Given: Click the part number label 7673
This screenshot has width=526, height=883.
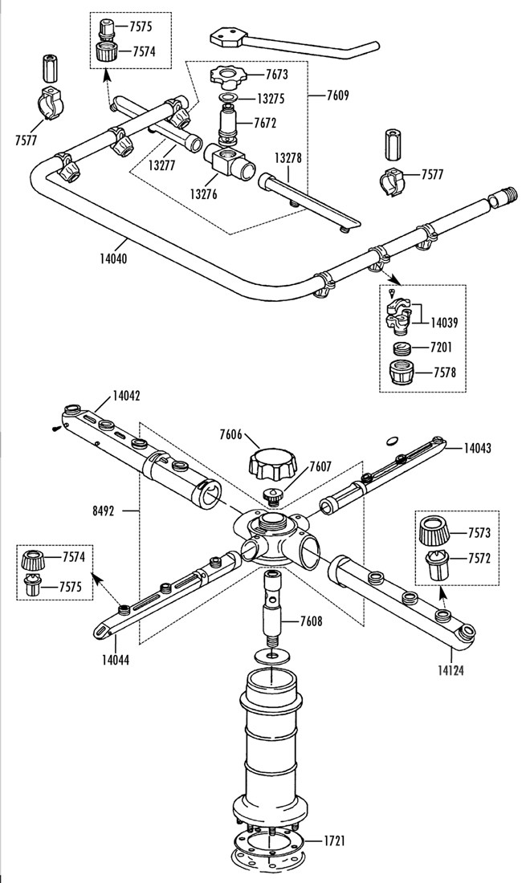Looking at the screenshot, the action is pos(276,74).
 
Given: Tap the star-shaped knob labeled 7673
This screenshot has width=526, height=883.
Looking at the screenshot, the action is pos(228,76).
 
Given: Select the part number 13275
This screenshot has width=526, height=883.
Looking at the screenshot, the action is pos(271,99).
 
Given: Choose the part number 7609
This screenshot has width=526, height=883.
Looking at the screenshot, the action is pos(338,96).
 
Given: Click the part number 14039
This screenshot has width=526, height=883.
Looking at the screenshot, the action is pos(444,323).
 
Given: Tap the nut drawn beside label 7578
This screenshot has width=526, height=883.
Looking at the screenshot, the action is pos(403,372).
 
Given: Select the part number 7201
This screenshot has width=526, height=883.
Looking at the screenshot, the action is pos(441,348).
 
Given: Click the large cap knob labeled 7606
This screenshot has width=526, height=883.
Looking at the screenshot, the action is pos(271,463).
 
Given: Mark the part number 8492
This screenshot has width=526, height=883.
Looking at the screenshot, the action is pos(104,511).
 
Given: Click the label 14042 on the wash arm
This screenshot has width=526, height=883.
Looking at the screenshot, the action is pos(126,395).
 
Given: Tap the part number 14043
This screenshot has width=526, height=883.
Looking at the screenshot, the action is pos(478,448).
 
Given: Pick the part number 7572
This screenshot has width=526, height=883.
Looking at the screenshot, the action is pos(479,559).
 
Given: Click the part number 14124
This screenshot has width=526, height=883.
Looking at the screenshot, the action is pos(451,671).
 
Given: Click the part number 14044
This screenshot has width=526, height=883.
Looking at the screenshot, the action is pos(116,659).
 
